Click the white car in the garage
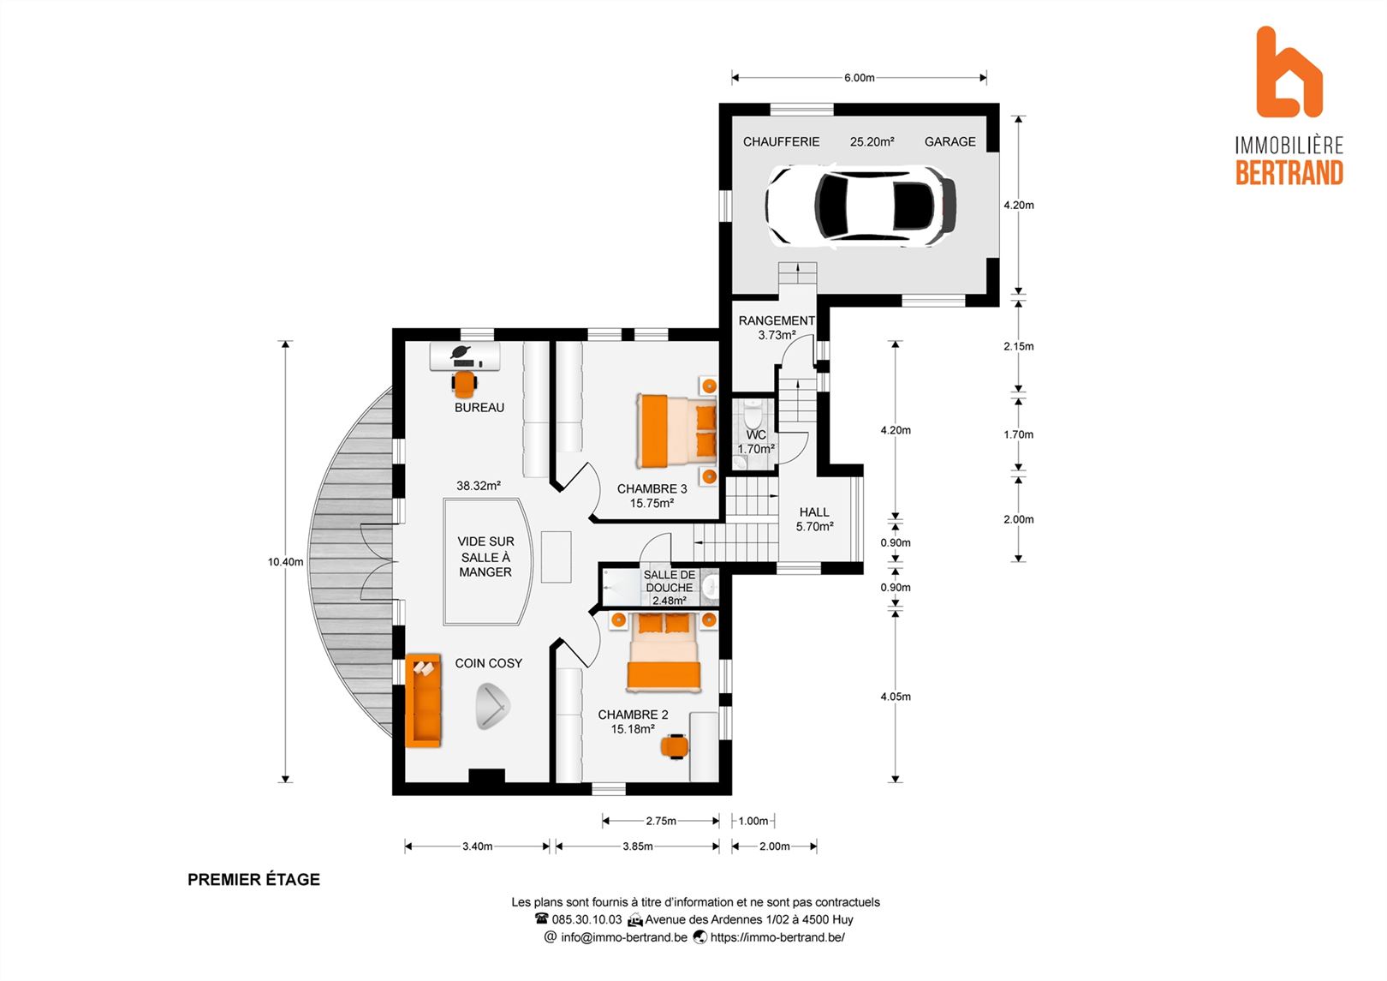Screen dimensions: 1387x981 (x=860, y=206)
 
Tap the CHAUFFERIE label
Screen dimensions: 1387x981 (x=781, y=142)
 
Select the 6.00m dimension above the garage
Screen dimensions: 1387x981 (x=859, y=78)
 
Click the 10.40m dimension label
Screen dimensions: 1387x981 (x=285, y=562)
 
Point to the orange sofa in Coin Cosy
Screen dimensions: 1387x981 (x=423, y=700)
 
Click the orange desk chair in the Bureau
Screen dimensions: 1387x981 (x=464, y=384)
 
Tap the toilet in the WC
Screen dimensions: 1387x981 (x=753, y=411)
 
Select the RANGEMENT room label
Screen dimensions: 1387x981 (x=777, y=321)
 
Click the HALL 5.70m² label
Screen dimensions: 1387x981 (x=814, y=519)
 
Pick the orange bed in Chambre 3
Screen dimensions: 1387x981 (x=676, y=431)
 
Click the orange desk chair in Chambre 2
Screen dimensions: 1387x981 (x=675, y=746)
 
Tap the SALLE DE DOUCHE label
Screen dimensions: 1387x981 (x=670, y=581)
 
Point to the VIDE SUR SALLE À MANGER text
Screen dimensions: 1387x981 (x=485, y=557)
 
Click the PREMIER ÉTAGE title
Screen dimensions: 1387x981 (x=254, y=879)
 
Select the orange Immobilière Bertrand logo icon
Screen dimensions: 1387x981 (x=1289, y=72)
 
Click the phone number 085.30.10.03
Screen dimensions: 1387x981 (x=586, y=919)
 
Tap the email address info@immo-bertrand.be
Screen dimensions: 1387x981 (x=624, y=937)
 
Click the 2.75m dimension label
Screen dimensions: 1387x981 (x=661, y=821)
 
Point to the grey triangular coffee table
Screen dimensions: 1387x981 (x=492, y=707)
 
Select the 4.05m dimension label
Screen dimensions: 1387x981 (x=896, y=697)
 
